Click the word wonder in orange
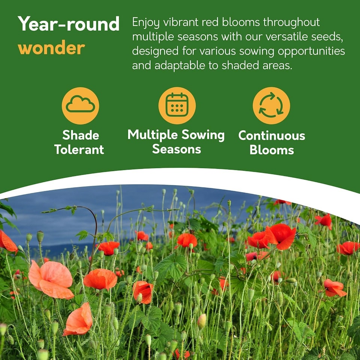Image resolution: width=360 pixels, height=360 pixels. point(51,48)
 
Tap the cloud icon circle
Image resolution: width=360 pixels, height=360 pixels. point(80,106)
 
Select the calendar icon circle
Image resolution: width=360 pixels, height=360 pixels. point(177,106)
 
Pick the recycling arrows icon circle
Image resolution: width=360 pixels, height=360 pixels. point(271,106)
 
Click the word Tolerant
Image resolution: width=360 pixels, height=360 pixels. point(79,150)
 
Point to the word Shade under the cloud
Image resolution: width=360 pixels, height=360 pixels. point(81,135)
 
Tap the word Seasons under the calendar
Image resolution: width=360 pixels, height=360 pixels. point(176,149)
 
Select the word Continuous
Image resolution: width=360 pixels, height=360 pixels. point(271,135)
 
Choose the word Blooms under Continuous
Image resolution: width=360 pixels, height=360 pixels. point(271,150)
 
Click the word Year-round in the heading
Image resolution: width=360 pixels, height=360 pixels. point(68,24)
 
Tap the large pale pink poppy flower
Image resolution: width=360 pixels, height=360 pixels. point(51,279)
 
